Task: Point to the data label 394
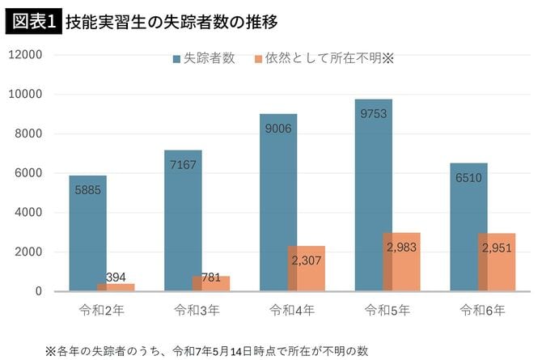click(116, 277)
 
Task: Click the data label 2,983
click(402, 247)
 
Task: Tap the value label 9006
click(277, 128)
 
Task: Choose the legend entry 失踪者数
click(203, 59)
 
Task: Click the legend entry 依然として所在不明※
click(323, 59)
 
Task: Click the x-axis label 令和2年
click(101, 310)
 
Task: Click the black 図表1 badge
click(33, 20)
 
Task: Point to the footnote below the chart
click(206, 350)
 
